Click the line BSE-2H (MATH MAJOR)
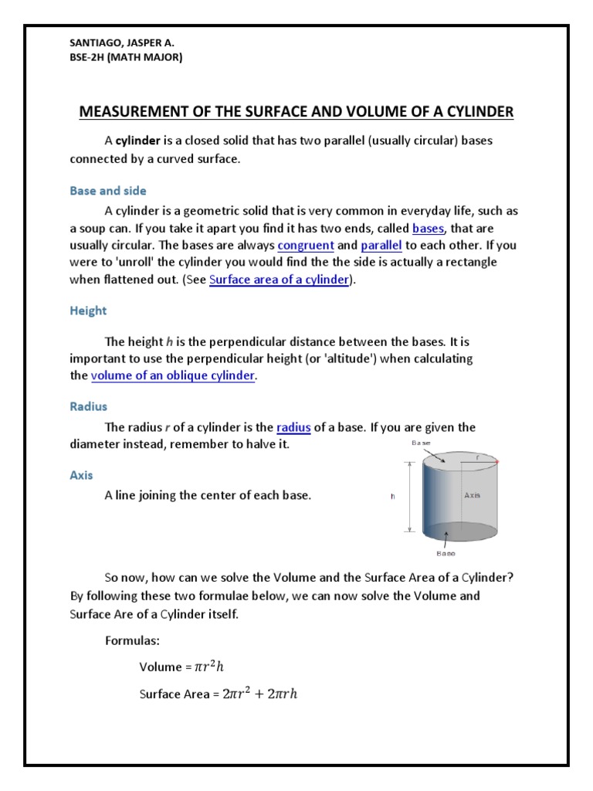[x=126, y=57]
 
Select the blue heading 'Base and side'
[x=107, y=190]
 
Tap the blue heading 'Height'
[x=88, y=311]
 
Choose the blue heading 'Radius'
[x=88, y=406]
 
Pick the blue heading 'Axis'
[x=81, y=475]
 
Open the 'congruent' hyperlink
[x=306, y=246]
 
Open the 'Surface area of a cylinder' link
[x=280, y=280]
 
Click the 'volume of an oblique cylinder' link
[x=173, y=376]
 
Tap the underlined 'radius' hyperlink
[x=293, y=427]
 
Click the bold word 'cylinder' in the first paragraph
[x=137, y=142]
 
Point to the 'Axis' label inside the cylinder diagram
[x=472, y=495]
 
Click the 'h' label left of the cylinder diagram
[x=393, y=497]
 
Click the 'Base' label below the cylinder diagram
[x=446, y=553]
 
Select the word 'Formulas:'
[x=132, y=640]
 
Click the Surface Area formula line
[x=219, y=694]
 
